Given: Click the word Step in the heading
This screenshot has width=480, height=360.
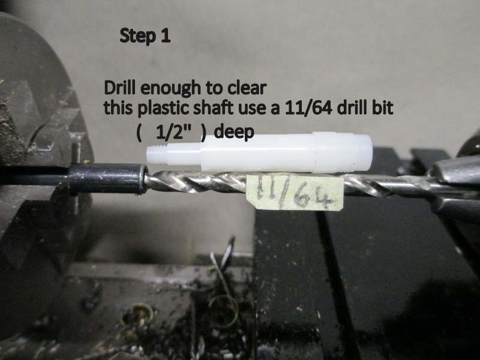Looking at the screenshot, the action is pos(137,37).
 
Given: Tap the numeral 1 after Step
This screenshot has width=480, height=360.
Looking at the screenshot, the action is pos(166,35).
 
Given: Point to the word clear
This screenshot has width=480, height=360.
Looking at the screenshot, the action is pos(247,88).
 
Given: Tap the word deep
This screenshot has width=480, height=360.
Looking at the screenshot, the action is pos(234,133).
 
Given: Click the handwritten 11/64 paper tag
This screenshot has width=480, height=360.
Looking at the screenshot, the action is pos(295,193).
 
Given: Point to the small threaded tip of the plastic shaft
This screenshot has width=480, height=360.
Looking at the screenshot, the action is pos(156,154).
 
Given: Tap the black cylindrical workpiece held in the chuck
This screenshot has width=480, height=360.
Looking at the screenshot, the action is pos(107,179).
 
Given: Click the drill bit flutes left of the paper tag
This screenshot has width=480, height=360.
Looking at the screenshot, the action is pos(196,182).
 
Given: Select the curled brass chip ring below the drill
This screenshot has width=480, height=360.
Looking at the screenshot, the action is pos(223,311).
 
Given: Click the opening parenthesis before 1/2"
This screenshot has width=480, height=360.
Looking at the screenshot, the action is pos(139,134).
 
